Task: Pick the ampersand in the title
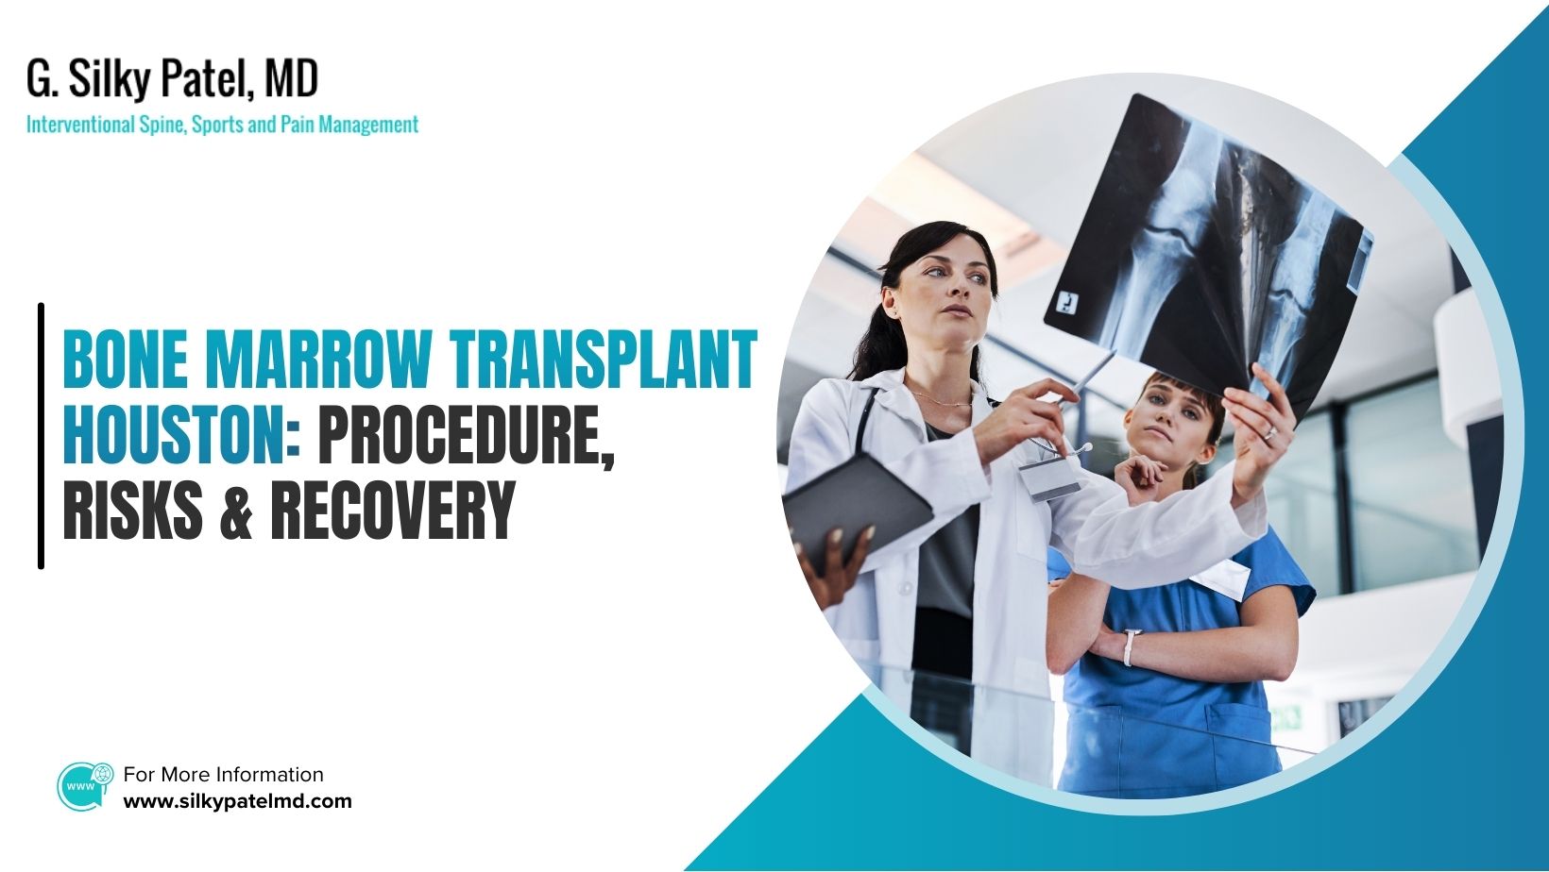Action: tap(236, 512)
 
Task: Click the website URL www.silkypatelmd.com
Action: tap(237, 801)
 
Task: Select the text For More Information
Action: tap(223, 775)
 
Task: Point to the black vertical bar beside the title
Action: tap(41, 436)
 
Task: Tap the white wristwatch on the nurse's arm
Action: tap(1128, 647)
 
